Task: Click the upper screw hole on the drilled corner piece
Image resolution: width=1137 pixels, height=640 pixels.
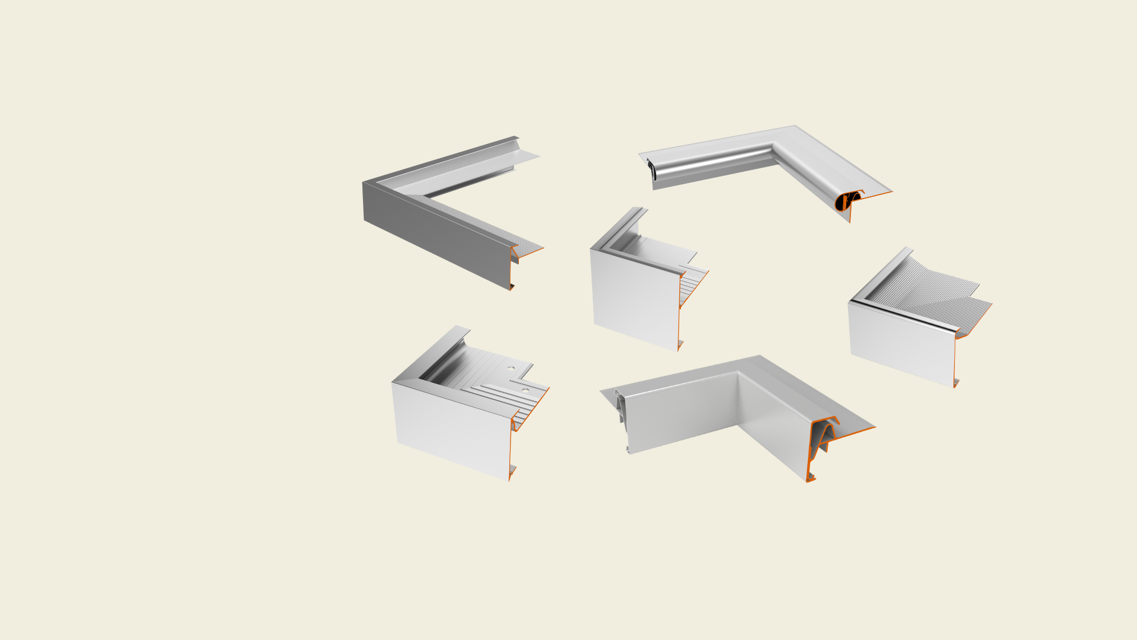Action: [510, 368]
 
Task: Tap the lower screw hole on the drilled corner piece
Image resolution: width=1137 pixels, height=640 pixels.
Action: [525, 391]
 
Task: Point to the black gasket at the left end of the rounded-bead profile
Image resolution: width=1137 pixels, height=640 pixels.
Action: [651, 169]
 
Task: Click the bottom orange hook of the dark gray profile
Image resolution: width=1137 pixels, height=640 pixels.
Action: [511, 287]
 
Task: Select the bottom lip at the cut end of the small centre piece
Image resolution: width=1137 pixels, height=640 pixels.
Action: [680, 345]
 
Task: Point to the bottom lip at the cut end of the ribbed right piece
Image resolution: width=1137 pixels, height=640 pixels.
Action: [956, 382]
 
